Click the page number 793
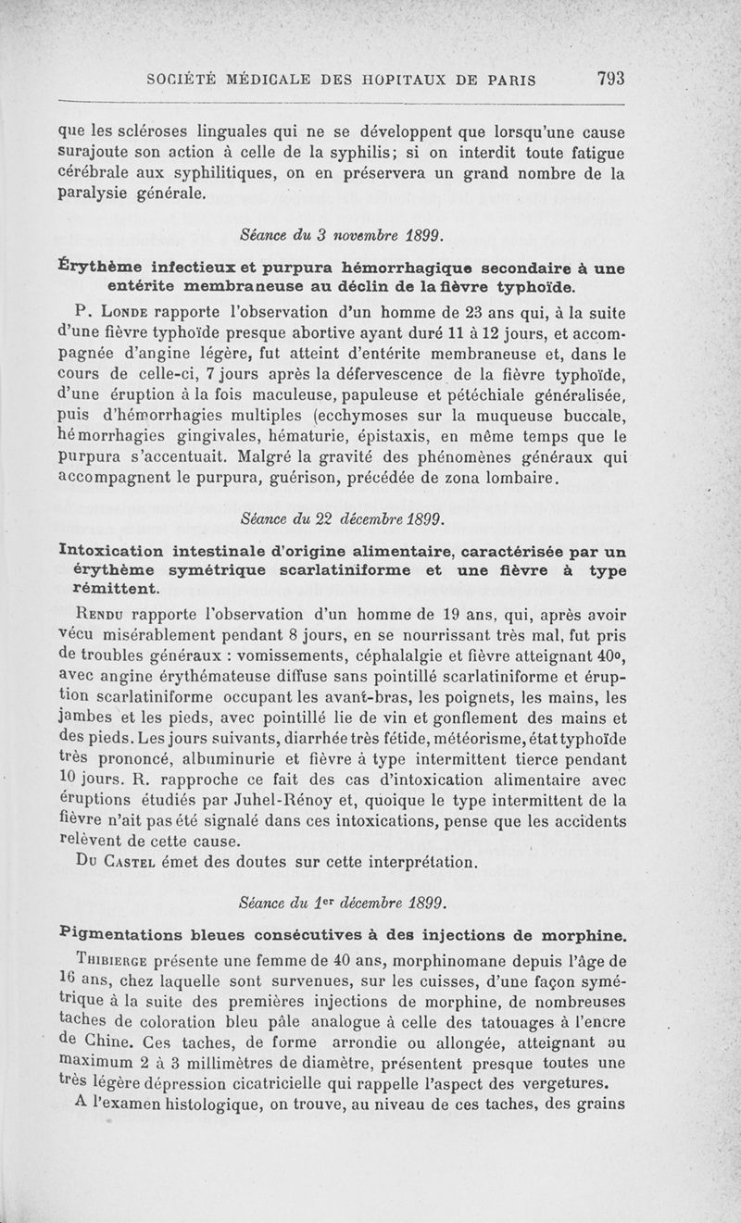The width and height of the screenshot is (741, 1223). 610,79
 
